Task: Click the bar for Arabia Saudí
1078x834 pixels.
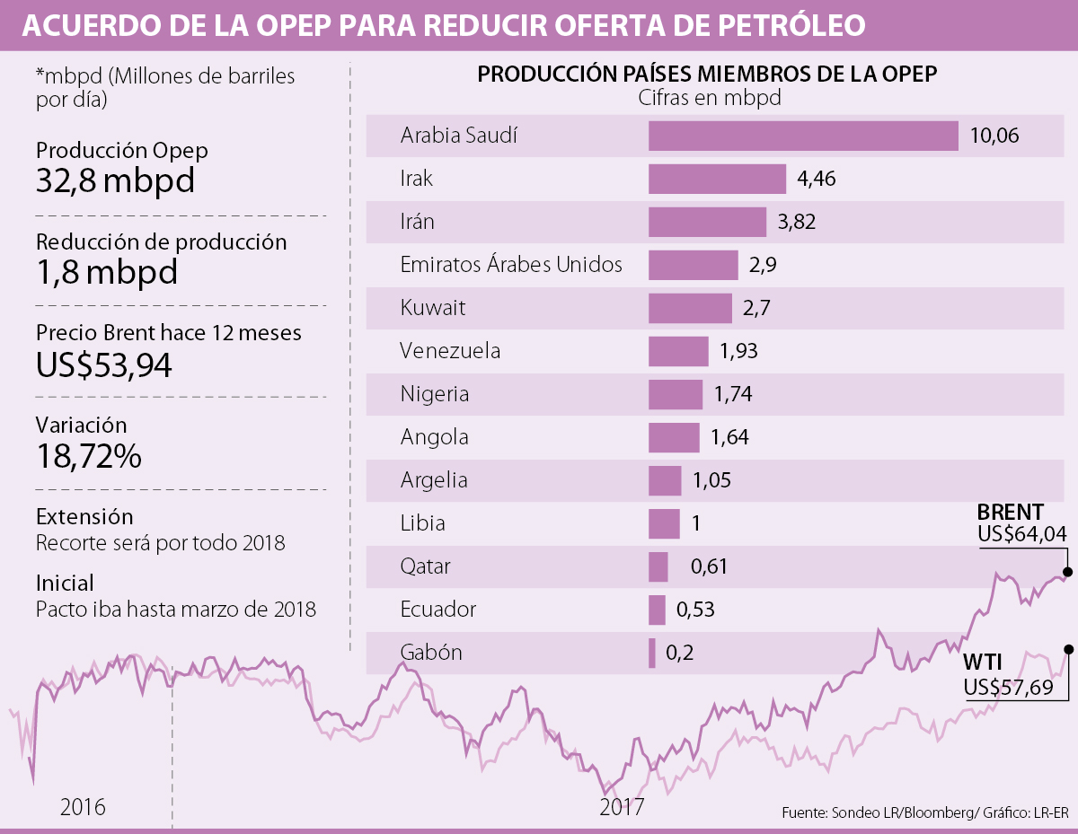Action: click(x=803, y=136)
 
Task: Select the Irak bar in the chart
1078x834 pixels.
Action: click(x=717, y=179)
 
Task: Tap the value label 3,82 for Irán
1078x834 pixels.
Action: click(x=796, y=222)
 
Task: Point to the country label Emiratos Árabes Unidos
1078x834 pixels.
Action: click(x=511, y=265)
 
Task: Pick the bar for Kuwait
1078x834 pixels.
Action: click(x=690, y=308)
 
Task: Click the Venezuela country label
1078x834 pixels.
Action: click(x=450, y=351)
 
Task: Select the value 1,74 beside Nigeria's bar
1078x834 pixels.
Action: click(x=732, y=394)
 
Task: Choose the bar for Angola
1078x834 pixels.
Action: click(x=674, y=437)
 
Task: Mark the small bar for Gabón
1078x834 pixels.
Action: click(x=652, y=653)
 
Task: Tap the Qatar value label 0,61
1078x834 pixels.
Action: click(x=708, y=566)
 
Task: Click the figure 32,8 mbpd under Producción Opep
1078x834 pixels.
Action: click(x=115, y=181)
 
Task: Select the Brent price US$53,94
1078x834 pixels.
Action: click(x=104, y=364)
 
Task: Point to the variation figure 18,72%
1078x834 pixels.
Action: click(x=89, y=456)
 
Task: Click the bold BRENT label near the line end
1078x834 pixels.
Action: click(x=1010, y=513)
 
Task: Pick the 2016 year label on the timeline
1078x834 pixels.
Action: click(x=83, y=806)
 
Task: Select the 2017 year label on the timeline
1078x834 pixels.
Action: click(x=622, y=806)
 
